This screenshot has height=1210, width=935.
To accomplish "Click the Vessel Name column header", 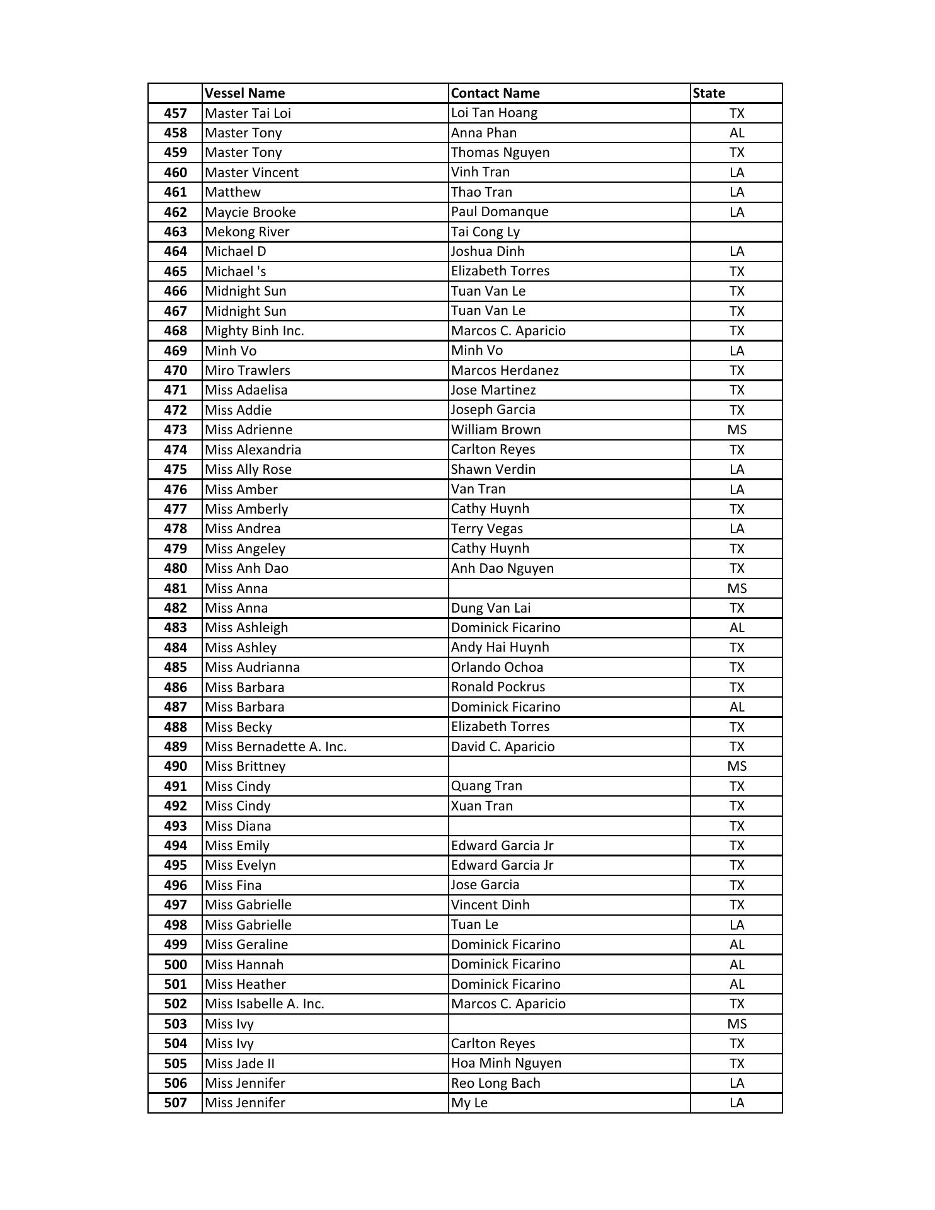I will [244, 93].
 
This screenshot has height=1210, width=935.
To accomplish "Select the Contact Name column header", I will [495, 93].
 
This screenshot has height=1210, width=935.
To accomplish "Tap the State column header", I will [709, 93].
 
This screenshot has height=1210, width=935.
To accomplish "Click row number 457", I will [175, 113].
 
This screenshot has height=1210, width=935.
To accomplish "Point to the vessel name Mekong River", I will [247, 232].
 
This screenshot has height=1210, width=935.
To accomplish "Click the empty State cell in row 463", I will [736, 232].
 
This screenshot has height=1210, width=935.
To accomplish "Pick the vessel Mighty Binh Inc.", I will [254, 331].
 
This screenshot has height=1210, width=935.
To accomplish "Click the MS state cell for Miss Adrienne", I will [737, 430].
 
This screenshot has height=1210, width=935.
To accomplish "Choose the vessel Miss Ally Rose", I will [248, 470].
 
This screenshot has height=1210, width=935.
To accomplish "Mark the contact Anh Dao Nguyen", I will [502, 568].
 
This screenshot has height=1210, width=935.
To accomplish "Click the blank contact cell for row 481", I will [569, 589].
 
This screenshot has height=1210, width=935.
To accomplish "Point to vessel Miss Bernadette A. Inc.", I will [275, 747].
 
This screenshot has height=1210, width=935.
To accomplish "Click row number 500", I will [175, 965].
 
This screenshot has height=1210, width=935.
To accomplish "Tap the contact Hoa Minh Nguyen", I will [506, 1064].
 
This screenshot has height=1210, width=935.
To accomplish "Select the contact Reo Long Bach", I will [496, 1083].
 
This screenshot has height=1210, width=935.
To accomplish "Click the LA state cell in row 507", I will [737, 1103].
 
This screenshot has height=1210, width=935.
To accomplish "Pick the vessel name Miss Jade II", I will [239, 1064].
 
